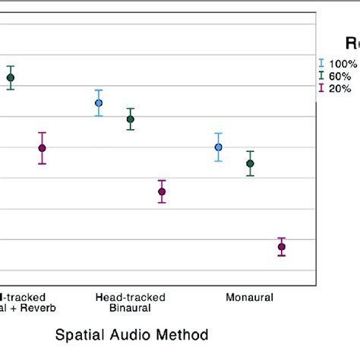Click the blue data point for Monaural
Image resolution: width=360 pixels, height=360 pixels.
tap(219, 147)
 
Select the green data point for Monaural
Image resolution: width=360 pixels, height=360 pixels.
tap(250, 163)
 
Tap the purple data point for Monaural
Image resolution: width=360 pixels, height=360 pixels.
tap(282, 247)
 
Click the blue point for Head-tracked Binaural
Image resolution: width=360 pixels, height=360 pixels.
tap(99, 103)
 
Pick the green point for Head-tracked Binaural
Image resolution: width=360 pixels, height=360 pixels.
tap(130, 119)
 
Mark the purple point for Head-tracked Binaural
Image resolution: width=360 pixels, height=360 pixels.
tap(162, 191)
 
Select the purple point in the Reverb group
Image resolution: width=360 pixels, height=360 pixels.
tap(42, 148)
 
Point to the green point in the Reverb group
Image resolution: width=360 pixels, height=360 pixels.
tap(11, 77)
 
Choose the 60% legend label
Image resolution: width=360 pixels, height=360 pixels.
tap(339, 76)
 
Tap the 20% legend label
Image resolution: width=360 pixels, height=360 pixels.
tap(339, 89)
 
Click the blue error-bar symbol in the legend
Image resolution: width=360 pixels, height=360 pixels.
tap(321, 64)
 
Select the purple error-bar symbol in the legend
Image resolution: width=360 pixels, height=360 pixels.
tap(321, 89)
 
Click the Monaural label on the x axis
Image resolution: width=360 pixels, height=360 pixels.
tap(249, 297)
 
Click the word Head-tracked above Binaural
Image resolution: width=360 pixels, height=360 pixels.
tap(130, 297)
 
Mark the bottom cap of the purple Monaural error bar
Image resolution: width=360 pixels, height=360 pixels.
tap(282, 256)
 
